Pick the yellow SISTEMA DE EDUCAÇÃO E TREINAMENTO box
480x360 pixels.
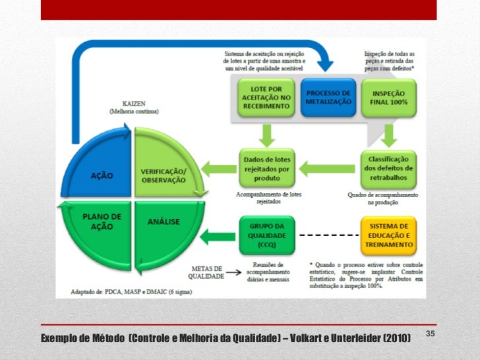389,234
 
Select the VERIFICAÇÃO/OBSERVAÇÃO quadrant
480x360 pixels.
164,168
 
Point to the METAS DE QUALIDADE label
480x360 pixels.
206,272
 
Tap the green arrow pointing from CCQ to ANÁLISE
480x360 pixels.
217,235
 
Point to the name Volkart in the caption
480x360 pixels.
312,338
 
